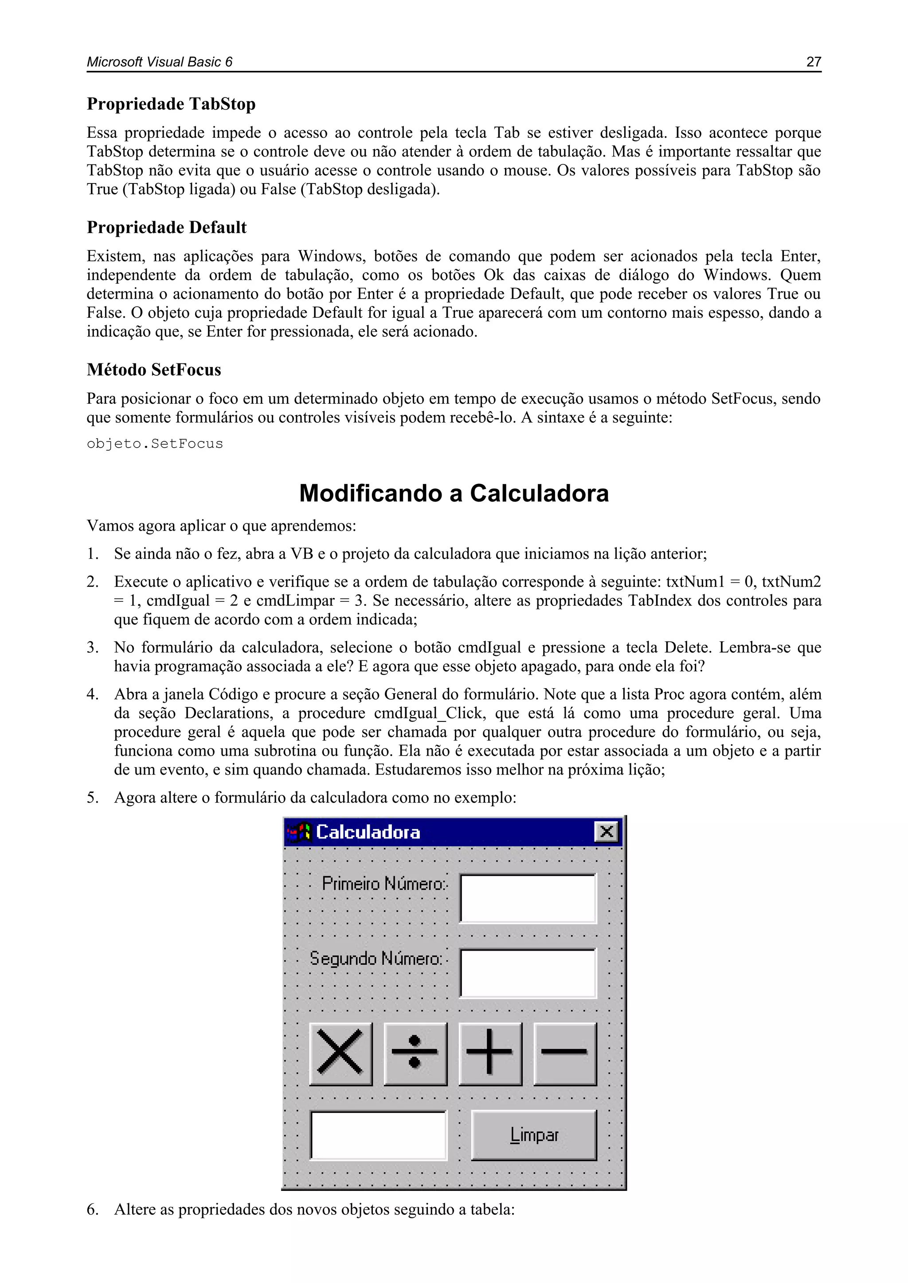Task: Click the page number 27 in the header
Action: pyautogui.click(x=813, y=62)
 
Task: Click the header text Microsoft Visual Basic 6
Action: pyautogui.click(x=159, y=62)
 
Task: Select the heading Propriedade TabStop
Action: pyautogui.click(x=171, y=104)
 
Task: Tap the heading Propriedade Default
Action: pyautogui.click(x=167, y=227)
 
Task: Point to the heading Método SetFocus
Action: pyautogui.click(x=154, y=370)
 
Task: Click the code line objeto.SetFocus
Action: pyautogui.click(x=155, y=444)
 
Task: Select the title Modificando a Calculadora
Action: pyautogui.click(x=454, y=493)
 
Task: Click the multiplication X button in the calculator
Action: pyautogui.click(x=340, y=1053)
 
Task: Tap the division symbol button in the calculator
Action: pyautogui.click(x=415, y=1053)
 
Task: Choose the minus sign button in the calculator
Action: pyautogui.click(x=565, y=1053)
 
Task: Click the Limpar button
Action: pyautogui.click(x=534, y=1135)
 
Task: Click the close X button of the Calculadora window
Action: pyautogui.click(x=606, y=832)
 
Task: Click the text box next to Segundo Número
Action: pyautogui.click(x=528, y=973)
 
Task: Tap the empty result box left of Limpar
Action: pyautogui.click(x=379, y=1135)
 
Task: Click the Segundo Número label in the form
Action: pyautogui.click(x=376, y=959)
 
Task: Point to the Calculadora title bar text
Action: pyautogui.click(x=368, y=832)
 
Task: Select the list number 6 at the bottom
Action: pyautogui.click(x=92, y=1210)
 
